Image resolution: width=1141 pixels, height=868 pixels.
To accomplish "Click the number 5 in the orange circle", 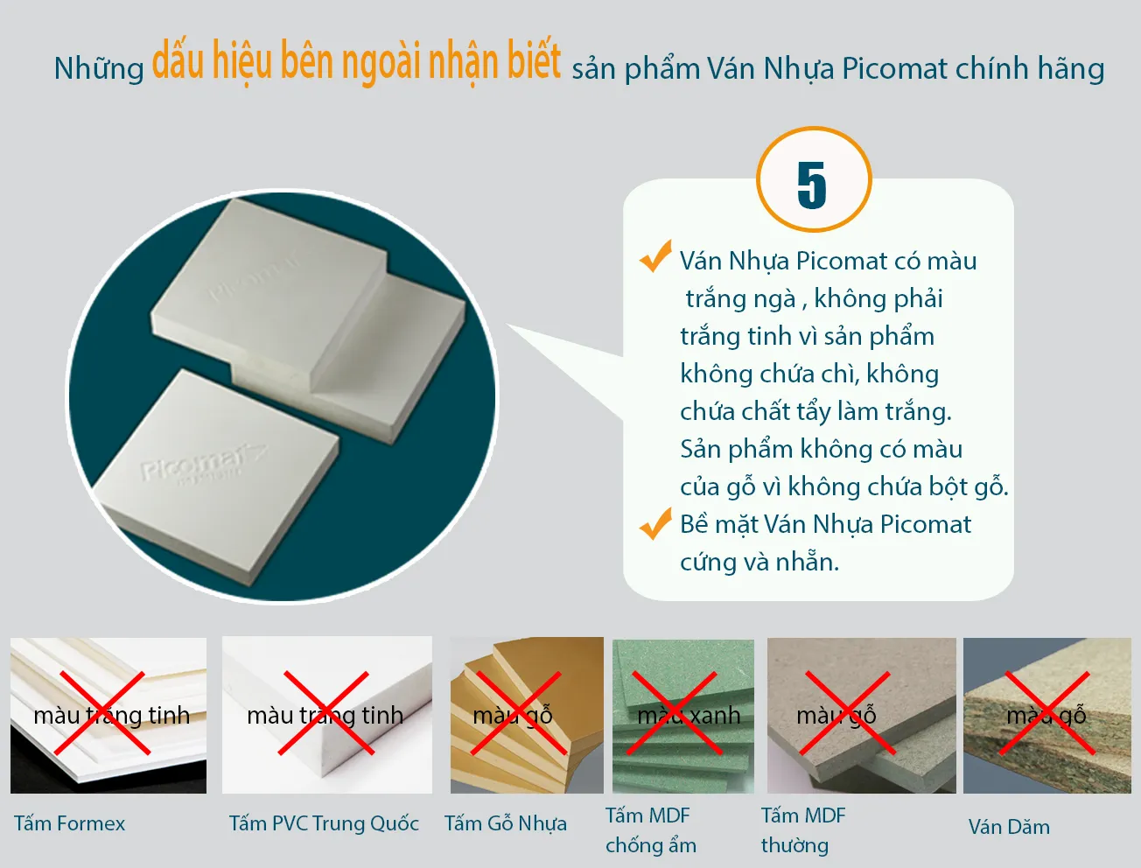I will pyautogui.click(x=812, y=185).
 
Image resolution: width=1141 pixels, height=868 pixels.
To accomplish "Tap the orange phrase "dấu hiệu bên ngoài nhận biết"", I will pyautogui.click(x=356, y=62).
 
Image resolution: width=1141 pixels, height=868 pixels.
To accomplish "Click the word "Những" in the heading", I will pyautogui.click(x=99, y=69).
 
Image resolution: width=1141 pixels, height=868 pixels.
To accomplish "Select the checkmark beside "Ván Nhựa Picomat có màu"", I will pyautogui.click(x=655, y=256).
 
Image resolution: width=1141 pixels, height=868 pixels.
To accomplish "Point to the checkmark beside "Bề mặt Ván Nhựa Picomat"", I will pyautogui.click(x=655, y=523).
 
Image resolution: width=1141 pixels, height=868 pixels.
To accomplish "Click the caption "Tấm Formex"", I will pyautogui.click(x=70, y=823).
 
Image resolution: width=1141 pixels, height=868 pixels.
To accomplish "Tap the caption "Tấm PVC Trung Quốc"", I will pyautogui.click(x=324, y=823).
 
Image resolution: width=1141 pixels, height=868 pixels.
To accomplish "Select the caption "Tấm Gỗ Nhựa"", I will pyautogui.click(x=505, y=823).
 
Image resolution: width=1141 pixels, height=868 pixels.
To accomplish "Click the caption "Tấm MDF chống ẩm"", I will pyautogui.click(x=650, y=830).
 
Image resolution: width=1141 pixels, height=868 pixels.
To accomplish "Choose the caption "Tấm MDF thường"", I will pyautogui.click(x=802, y=830).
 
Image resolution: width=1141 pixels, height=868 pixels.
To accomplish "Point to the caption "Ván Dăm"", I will pyautogui.click(x=1009, y=827).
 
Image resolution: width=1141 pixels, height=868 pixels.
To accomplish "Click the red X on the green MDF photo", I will pyautogui.click(x=675, y=714).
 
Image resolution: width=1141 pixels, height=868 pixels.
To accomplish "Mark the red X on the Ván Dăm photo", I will pyautogui.click(x=1047, y=712).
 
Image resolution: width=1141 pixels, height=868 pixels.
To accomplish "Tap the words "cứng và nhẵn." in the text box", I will pyautogui.click(x=759, y=562).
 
